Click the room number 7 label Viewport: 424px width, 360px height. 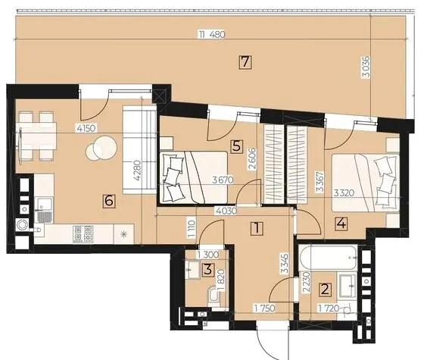[245, 62]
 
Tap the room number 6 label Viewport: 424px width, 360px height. [109, 201]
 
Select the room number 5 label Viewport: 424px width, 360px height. [236, 146]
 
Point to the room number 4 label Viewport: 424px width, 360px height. [341, 224]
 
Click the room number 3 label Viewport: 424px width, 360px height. [208, 270]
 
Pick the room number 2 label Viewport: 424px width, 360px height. [325, 289]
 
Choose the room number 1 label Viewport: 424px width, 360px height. [257, 228]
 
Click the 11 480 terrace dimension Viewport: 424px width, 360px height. [212, 35]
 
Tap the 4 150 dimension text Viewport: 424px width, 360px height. [86, 128]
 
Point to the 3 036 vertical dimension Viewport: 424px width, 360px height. [366, 67]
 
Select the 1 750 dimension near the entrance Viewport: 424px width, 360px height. [264, 308]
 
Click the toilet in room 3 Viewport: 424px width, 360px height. [214, 296]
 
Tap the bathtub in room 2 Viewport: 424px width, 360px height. [329, 257]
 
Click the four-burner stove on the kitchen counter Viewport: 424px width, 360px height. [83, 234]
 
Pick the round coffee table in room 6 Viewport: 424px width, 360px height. [101, 148]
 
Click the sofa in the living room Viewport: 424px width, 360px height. [139, 150]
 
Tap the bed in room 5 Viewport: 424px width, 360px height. [194, 177]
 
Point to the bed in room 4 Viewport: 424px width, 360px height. [365, 183]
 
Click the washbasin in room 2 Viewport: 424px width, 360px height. [348, 286]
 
